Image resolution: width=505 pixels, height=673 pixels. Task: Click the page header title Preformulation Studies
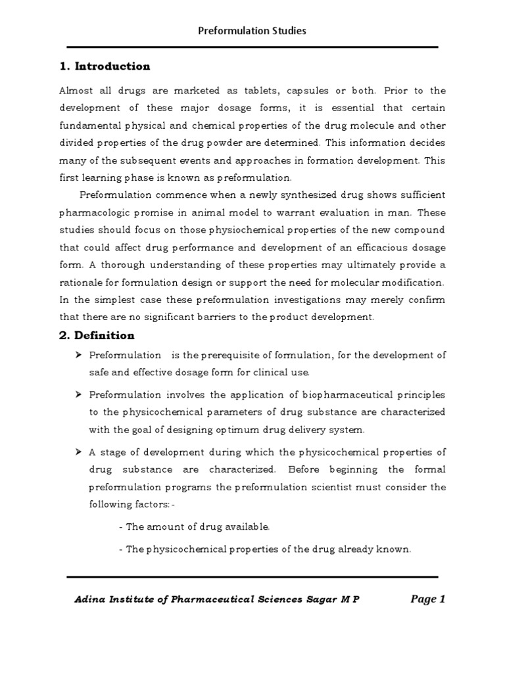point(252,31)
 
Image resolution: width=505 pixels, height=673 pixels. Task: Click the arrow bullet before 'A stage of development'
point(78,452)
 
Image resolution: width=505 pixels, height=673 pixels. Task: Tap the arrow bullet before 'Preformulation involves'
point(78,394)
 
